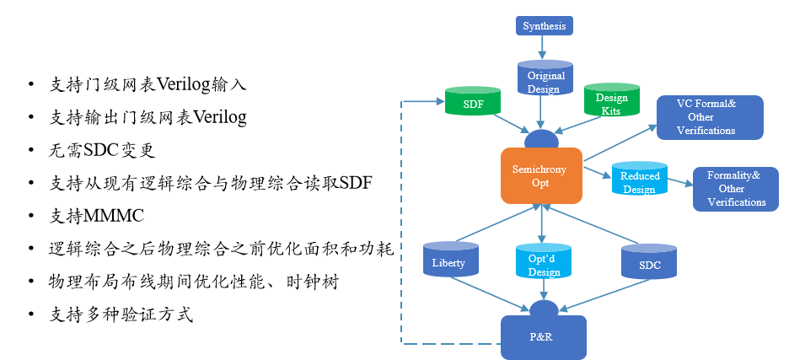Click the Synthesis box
pyautogui.click(x=544, y=25)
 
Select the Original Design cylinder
pyautogui.click(x=545, y=78)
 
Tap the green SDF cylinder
pyautogui.click(x=473, y=100)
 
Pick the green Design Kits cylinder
pyautogui.click(x=611, y=99)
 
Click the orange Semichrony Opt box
pyautogui.click(x=541, y=175)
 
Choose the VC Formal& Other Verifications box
pyautogui.click(x=710, y=117)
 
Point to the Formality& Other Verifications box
pyautogui.click(x=736, y=189)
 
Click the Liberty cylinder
pyautogui.click(x=451, y=259)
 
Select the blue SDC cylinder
pyautogui.click(x=649, y=261)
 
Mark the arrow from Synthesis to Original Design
pyautogui.click(x=542, y=47)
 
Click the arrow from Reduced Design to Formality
pyautogui.click(x=679, y=182)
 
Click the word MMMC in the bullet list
pyautogui.click(x=115, y=216)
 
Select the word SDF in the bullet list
pyautogui.click(x=357, y=183)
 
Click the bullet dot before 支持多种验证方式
pyautogui.click(x=32, y=314)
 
